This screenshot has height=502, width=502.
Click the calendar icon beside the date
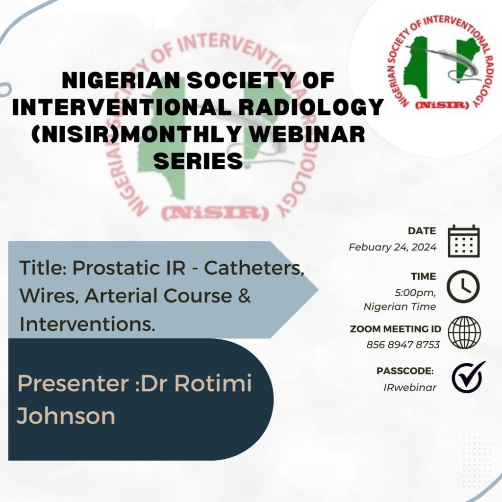point(464,241)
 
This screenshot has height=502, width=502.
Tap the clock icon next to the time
point(464,287)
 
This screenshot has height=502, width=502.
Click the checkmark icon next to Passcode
point(468,377)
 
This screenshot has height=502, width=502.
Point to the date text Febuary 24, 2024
point(392,247)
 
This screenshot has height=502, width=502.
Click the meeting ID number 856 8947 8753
point(403,344)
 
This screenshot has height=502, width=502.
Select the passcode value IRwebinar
point(410,387)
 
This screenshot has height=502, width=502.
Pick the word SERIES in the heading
point(198,161)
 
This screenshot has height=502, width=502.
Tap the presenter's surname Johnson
point(66,416)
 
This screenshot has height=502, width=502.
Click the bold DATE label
point(422,231)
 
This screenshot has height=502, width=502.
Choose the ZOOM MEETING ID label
point(395,329)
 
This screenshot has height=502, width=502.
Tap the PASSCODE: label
point(405,371)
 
